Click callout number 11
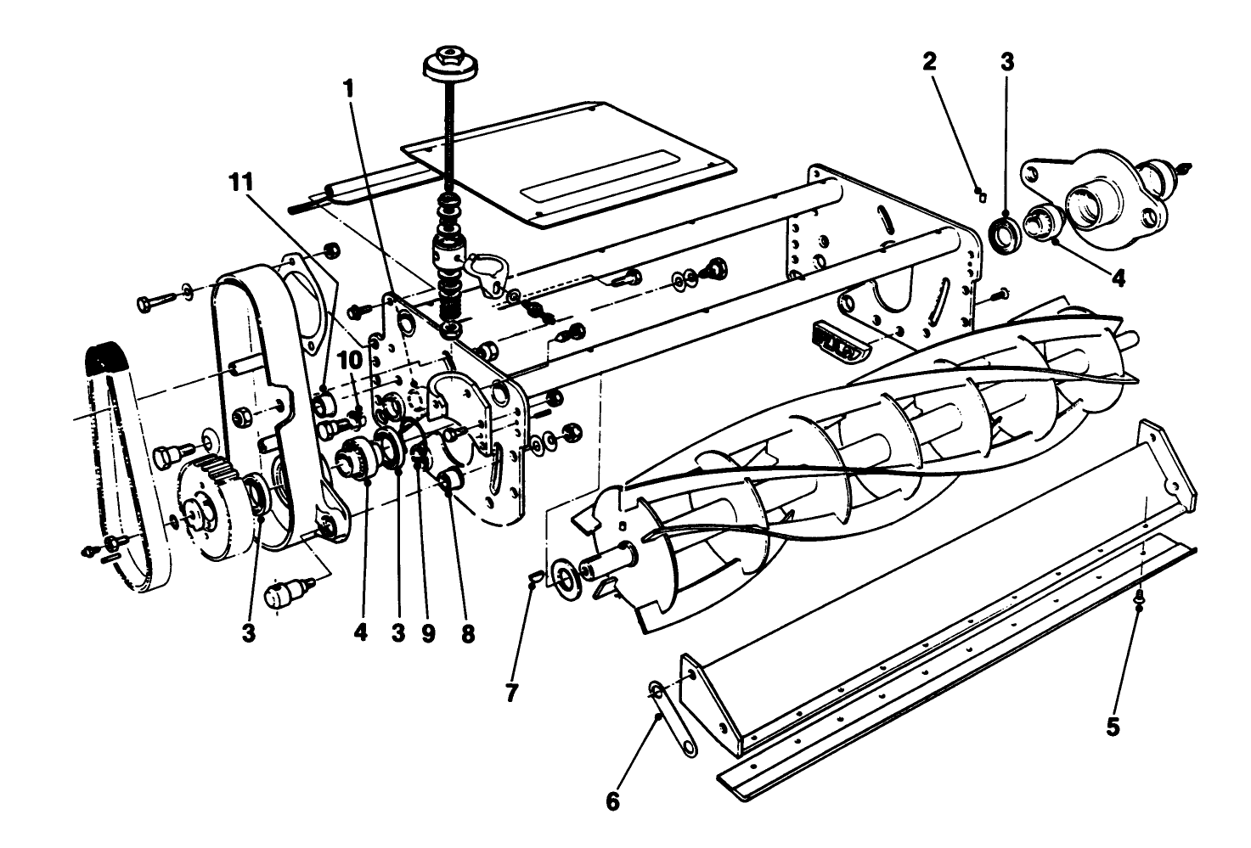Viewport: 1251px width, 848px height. tap(243, 183)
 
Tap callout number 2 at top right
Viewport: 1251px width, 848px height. tap(930, 61)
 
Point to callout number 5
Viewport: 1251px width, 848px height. tap(1113, 727)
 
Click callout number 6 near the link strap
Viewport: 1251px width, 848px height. tap(613, 800)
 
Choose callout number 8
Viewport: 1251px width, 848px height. tap(467, 634)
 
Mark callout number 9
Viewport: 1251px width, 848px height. tap(428, 634)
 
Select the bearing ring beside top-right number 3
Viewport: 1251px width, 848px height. tap(1007, 233)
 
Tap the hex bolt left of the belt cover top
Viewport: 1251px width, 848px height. tap(154, 300)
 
